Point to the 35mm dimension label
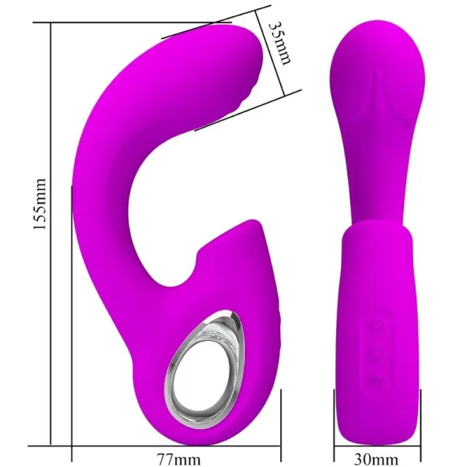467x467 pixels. pos(279,40)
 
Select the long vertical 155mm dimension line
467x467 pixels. pos(52,233)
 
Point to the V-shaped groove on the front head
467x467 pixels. pos(379,93)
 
